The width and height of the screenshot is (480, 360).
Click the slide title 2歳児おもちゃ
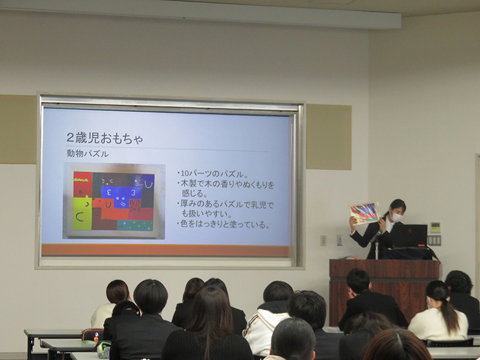pyautogui.click(x=104, y=138)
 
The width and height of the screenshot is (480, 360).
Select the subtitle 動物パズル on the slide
pyautogui.click(x=88, y=154)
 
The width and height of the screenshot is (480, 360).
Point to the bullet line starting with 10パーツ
pyautogui.click(x=212, y=174)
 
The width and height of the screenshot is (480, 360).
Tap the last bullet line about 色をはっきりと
pyautogui.click(x=223, y=224)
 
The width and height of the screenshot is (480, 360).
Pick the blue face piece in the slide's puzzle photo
pyautogui.click(x=121, y=197)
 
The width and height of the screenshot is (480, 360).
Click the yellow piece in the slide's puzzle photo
pyautogui.click(x=82, y=214)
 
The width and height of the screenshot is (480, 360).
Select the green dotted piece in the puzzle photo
pyautogui.click(x=134, y=226)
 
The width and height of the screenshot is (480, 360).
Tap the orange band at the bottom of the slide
pyautogui.click(x=166, y=250)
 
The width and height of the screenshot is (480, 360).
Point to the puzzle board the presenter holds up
pyautogui.click(x=364, y=213)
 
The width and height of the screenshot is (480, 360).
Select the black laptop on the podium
pyautogui.click(x=409, y=235)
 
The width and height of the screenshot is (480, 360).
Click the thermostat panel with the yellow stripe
pyautogui.click(x=435, y=227)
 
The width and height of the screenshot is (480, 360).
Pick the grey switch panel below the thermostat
pyautogui.click(x=434, y=241)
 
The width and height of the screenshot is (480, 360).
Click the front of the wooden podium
pyautogui.click(x=384, y=292)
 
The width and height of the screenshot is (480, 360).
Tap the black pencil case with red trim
pyautogui.click(x=92, y=335)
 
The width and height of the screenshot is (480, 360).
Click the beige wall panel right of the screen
pyautogui.click(x=329, y=137)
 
